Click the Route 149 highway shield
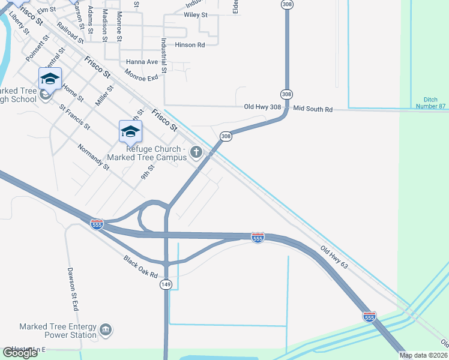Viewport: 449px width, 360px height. [166, 286]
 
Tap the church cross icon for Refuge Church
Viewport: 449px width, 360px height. [196, 153]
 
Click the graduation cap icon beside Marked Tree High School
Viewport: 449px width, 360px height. [50, 79]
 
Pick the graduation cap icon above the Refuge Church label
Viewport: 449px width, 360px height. [130, 131]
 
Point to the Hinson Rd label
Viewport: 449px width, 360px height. [189, 45]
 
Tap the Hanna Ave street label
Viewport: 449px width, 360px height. [142, 62]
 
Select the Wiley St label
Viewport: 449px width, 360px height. [195, 14]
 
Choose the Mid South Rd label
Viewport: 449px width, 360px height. [313, 109]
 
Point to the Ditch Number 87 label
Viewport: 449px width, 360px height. [431, 103]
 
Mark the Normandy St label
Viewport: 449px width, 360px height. [94, 157]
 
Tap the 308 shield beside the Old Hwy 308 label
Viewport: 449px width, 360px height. [286, 94]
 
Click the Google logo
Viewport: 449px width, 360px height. [20, 353]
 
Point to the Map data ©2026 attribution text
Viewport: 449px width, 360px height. [424, 355]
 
